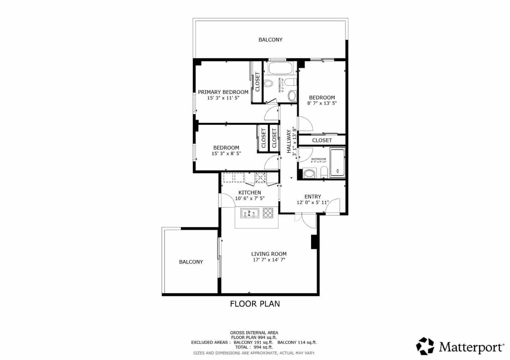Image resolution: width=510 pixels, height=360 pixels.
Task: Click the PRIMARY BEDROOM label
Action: [x=223, y=92]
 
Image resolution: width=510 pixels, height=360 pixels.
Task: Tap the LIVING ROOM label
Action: [x=269, y=254]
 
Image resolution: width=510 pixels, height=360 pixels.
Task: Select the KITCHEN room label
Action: [x=250, y=192]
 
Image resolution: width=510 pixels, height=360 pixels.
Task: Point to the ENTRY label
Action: [x=313, y=197]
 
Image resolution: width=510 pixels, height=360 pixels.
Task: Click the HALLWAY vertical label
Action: [x=289, y=141]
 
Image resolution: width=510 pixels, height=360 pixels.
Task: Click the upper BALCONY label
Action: [x=270, y=40]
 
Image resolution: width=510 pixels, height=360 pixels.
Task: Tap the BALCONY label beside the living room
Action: [x=191, y=262]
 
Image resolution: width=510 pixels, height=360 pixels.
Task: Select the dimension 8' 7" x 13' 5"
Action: [x=322, y=103]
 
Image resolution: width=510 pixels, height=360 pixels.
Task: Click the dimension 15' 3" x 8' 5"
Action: [x=226, y=153]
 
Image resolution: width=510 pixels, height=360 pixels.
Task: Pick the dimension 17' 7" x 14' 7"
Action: [x=269, y=260]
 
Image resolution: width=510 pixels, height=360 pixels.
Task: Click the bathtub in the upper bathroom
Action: [x=280, y=68]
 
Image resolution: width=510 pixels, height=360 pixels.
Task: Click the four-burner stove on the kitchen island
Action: [x=268, y=213]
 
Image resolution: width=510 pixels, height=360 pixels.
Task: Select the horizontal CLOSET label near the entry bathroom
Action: [x=322, y=140]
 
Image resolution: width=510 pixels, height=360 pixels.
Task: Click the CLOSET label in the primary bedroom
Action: [x=258, y=82]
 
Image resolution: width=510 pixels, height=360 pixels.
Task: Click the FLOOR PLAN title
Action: [x=255, y=304]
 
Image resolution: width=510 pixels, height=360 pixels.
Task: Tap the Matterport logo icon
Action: [x=426, y=346]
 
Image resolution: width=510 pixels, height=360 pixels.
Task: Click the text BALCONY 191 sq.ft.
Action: [x=253, y=342]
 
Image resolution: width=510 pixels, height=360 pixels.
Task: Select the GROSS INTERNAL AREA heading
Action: [x=254, y=333]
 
